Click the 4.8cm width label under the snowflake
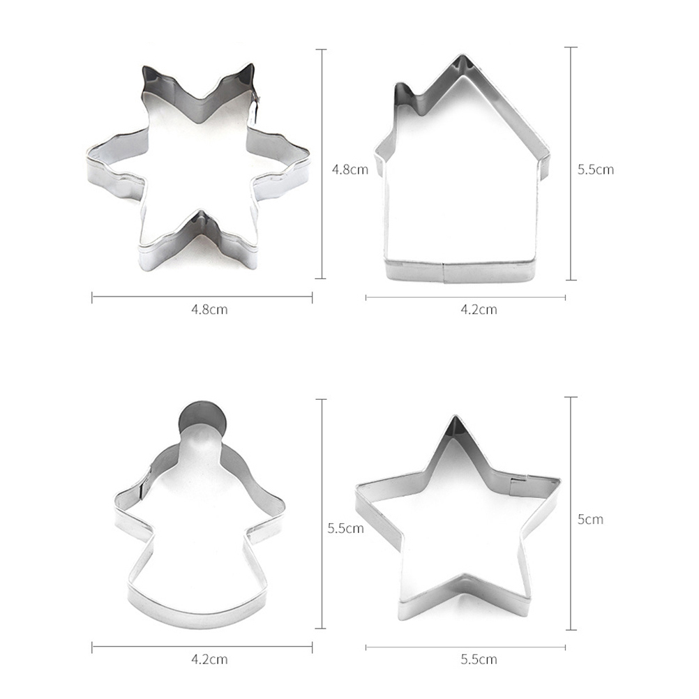coord(209,309)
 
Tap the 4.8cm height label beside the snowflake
coord(350,170)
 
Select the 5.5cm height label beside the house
coord(596,170)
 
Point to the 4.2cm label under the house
coord(479,309)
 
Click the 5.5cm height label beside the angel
coord(345,528)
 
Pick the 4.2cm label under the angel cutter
coord(209,659)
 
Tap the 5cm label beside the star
coord(590,519)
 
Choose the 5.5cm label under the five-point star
coord(479,659)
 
